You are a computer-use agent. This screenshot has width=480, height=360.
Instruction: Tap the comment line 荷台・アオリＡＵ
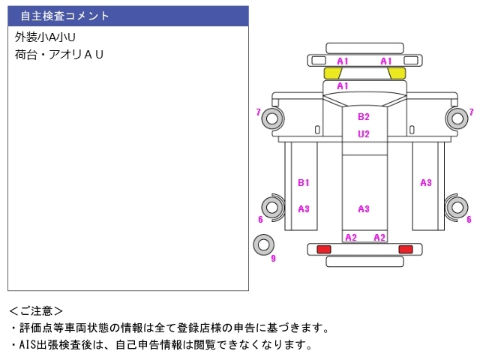59,55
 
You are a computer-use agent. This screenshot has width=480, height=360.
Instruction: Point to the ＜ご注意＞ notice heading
37,310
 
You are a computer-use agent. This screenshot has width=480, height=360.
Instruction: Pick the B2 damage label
364,117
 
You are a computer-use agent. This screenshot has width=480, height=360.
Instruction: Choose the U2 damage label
364,134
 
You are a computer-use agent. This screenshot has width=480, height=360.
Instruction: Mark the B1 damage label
304,182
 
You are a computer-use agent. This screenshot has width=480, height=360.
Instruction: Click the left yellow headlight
332,73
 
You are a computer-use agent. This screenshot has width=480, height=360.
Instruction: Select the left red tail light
324,249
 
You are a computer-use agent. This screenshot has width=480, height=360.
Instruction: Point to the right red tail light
406,249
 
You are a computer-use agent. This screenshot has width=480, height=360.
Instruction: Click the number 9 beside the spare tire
273,259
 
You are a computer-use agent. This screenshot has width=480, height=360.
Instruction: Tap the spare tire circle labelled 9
263,244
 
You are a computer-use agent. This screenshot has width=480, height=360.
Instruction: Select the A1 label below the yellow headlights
343,86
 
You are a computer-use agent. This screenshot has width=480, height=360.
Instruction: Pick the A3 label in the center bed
364,209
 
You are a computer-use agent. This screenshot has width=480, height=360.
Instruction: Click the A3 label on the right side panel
426,182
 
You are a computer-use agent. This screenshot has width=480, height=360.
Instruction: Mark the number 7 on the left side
258,112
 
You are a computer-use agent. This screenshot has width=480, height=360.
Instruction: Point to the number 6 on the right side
469,220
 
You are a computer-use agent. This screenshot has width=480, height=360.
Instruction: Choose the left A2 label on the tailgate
351,238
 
